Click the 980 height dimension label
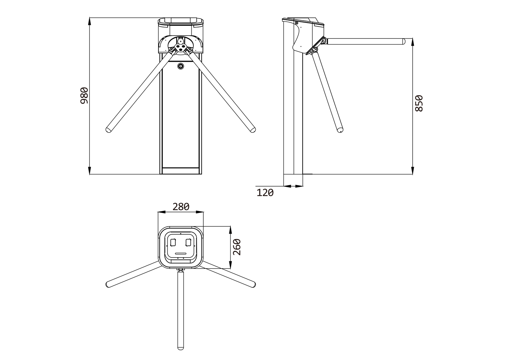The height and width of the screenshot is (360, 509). tap(84, 95)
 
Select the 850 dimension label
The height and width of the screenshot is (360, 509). tap(419, 103)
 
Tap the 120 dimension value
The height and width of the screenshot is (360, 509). tap(265, 193)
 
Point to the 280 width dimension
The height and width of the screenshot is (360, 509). tap(181, 207)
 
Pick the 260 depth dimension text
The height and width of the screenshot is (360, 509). tap(237, 247)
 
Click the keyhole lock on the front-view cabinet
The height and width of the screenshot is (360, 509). tap(181, 66)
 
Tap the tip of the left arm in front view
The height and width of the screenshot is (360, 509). tap(108, 130)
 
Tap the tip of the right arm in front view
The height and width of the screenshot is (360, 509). tap(253, 130)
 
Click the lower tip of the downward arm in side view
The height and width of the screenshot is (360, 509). tap(340, 130)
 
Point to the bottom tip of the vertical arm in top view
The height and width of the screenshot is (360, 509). tap(181, 348)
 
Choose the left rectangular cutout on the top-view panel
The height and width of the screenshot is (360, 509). tap(173, 242)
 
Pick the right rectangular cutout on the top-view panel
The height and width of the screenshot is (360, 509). tap(188, 242)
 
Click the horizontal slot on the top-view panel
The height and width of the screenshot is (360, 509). tap(181, 253)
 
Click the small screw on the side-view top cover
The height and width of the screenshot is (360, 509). tap(296, 23)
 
